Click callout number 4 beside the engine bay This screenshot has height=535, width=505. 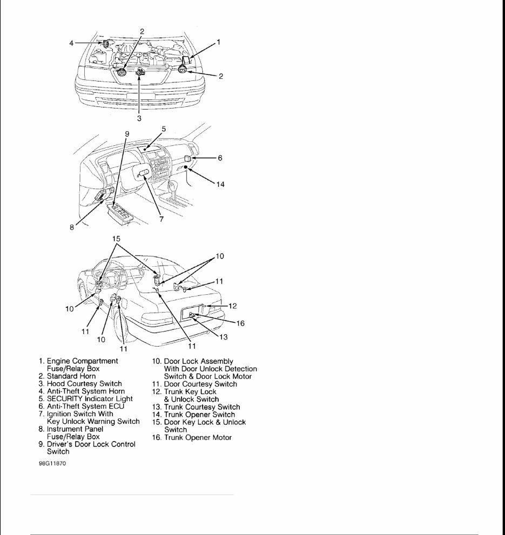(71, 42)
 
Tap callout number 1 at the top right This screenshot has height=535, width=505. (219, 42)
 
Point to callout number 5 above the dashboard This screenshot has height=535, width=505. (164, 129)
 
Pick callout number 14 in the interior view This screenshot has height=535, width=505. (220, 184)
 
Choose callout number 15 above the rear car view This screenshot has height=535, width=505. (117, 238)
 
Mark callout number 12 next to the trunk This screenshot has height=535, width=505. (232, 306)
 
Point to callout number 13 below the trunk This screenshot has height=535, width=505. (223, 337)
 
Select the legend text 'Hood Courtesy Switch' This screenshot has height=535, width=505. (84, 383)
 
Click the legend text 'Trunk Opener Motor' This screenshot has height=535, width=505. (198, 437)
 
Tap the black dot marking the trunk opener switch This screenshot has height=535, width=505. (185, 168)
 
